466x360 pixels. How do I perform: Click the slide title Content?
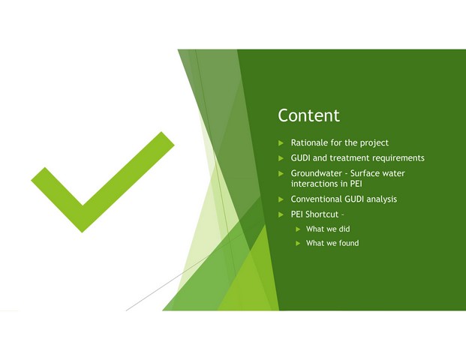(308, 115)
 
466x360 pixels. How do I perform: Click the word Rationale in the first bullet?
(309, 142)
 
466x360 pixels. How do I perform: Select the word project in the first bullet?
(374, 143)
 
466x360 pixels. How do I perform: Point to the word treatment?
(350, 158)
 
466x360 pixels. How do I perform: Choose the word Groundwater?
(316, 173)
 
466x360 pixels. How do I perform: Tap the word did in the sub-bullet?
(344, 229)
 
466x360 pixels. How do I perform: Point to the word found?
(349, 243)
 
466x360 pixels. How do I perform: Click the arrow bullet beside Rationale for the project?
(281, 143)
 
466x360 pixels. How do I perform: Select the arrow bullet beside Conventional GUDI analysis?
(281, 199)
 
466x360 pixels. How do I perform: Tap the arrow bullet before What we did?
(299, 229)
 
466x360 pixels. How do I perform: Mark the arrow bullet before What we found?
(299, 243)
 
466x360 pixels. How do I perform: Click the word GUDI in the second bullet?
(300, 158)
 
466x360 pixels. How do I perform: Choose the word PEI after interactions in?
(356, 184)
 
